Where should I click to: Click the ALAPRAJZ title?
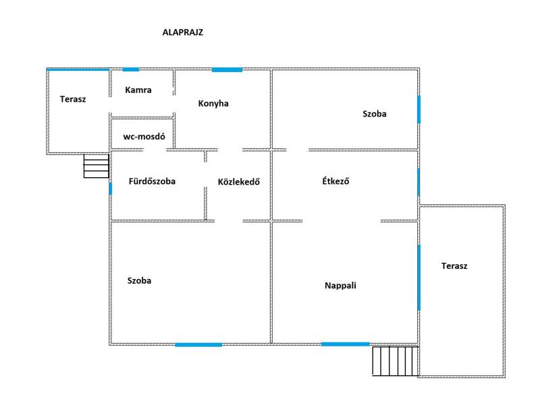click(183, 32)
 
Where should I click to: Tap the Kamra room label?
click(138, 90)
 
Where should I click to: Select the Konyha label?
click(213, 104)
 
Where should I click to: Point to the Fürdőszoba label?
click(152, 181)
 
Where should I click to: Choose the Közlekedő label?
click(239, 181)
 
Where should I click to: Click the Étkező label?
click(335, 181)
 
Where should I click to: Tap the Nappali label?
click(340, 285)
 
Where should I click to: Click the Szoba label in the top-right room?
click(375, 114)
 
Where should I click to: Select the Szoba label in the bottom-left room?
click(139, 280)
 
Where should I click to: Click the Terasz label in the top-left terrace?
click(73, 99)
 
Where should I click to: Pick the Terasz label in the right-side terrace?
click(454, 265)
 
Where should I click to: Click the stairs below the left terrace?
click(96, 166)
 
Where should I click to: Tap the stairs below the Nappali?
click(395, 361)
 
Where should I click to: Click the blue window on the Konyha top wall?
click(227, 69)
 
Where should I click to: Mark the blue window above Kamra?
click(130, 69)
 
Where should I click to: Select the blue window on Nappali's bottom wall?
click(345, 344)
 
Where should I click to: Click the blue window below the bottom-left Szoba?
click(198, 345)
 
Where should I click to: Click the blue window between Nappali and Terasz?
click(418, 278)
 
